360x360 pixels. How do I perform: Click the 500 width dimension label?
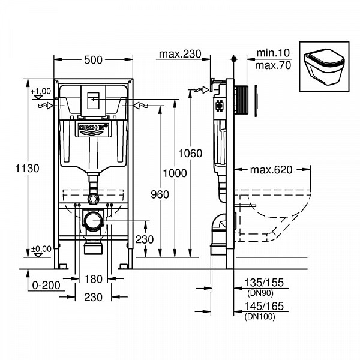click(94, 59)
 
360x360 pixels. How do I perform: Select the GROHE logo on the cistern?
click(92, 128)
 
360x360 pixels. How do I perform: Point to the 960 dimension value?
click(160, 194)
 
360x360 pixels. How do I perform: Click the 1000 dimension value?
click(175, 173)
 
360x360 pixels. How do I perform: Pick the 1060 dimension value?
click(191, 153)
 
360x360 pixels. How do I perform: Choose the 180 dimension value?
click(92, 278)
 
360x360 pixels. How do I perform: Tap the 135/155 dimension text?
click(263, 283)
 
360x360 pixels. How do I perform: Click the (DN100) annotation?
click(259, 316)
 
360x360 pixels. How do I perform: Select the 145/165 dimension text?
click(263, 307)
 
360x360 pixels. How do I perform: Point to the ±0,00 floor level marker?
click(41, 249)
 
